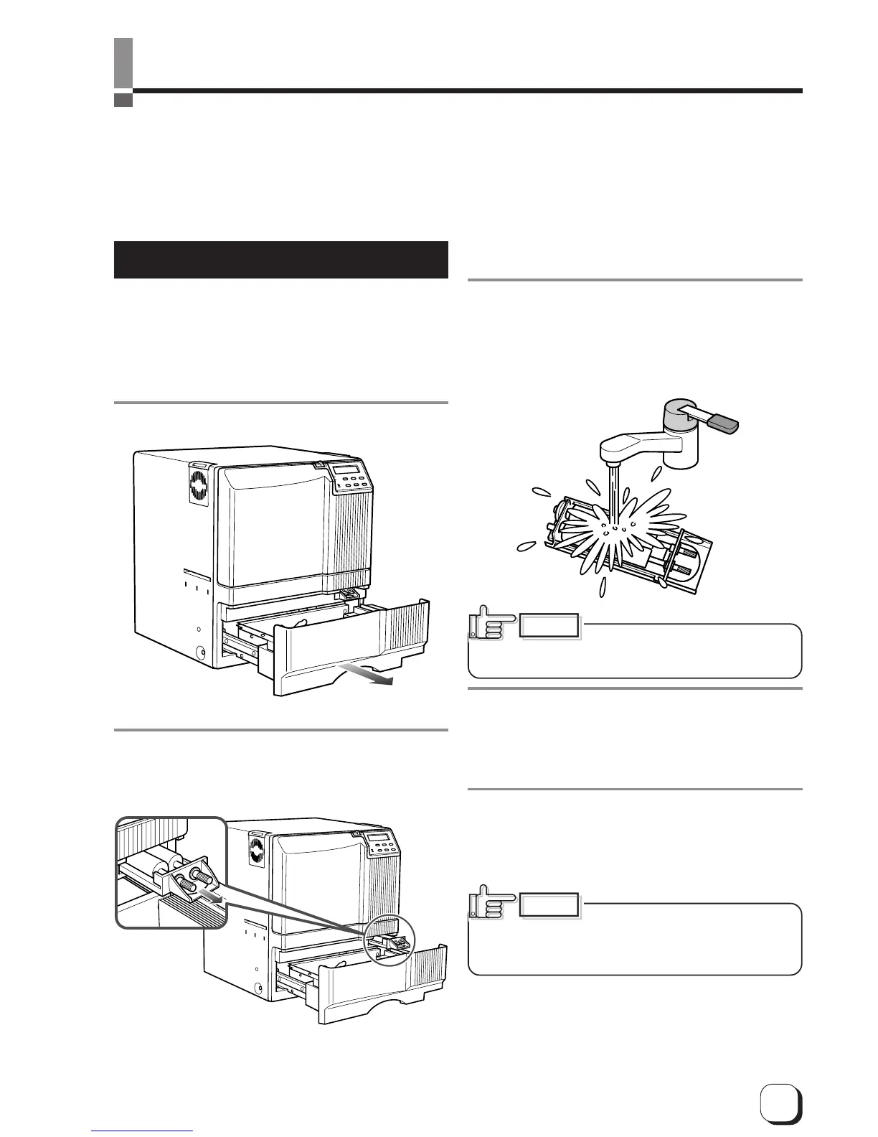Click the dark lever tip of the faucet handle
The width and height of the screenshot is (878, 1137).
pyautogui.click(x=725, y=422)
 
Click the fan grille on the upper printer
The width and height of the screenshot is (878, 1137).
pyautogui.click(x=199, y=485)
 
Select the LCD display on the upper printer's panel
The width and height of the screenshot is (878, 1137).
pyautogui.click(x=348, y=470)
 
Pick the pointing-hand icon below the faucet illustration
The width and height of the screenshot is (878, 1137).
pyautogui.click(x=491, y=624)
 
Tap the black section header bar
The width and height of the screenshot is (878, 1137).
pyautogui.click(x=280, y=260)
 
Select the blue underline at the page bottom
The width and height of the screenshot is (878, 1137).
pyautogui.click(x=143, y=1131)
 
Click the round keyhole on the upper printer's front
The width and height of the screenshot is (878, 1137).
pyautogui.click(x=199, y=653)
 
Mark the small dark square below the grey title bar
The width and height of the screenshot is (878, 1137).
pyautogui.click(x=123, y=100)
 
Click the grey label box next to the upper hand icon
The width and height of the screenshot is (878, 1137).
pyautogui.click(x=549, y=625)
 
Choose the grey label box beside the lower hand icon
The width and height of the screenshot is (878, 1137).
pyautogui.click(x=549, y=904)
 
